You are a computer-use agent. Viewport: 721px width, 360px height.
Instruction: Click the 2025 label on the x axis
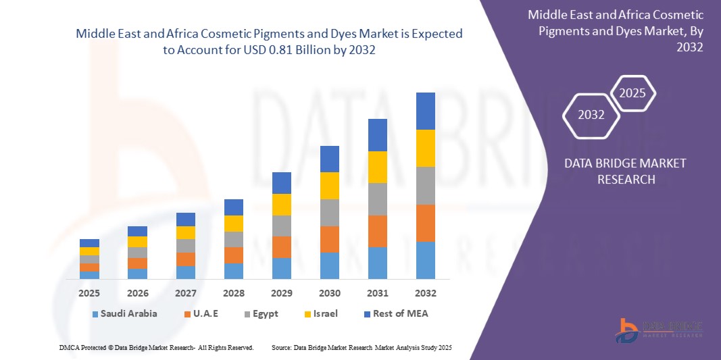(x=89, y=293)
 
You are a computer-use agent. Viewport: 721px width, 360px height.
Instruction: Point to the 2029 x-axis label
(x=281, y=293)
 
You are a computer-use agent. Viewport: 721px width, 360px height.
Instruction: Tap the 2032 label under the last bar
(x=425, y=293)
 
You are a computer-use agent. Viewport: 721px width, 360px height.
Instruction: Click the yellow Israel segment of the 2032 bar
(x=425, y=148)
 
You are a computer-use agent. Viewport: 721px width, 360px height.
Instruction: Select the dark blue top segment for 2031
(x=377, y=135)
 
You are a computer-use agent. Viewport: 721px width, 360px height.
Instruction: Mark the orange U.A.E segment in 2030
(x=329, y=239)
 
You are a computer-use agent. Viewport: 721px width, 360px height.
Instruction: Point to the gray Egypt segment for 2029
(x=281, y=226)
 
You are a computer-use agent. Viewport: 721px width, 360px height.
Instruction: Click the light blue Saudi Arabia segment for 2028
(x=233, y=271)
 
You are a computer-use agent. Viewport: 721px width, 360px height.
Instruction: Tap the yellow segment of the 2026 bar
(x=137, y=242)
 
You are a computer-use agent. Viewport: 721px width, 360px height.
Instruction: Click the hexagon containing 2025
(x=632, y=94)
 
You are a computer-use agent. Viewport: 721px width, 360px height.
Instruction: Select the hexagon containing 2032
(x=591, y=115)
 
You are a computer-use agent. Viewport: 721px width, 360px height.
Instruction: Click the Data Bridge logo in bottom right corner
(x=659, y=329)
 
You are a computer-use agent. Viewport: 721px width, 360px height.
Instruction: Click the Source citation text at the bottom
(x=361, y=347)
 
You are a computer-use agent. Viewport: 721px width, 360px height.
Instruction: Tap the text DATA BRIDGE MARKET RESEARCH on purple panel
(x=616, y=172)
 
